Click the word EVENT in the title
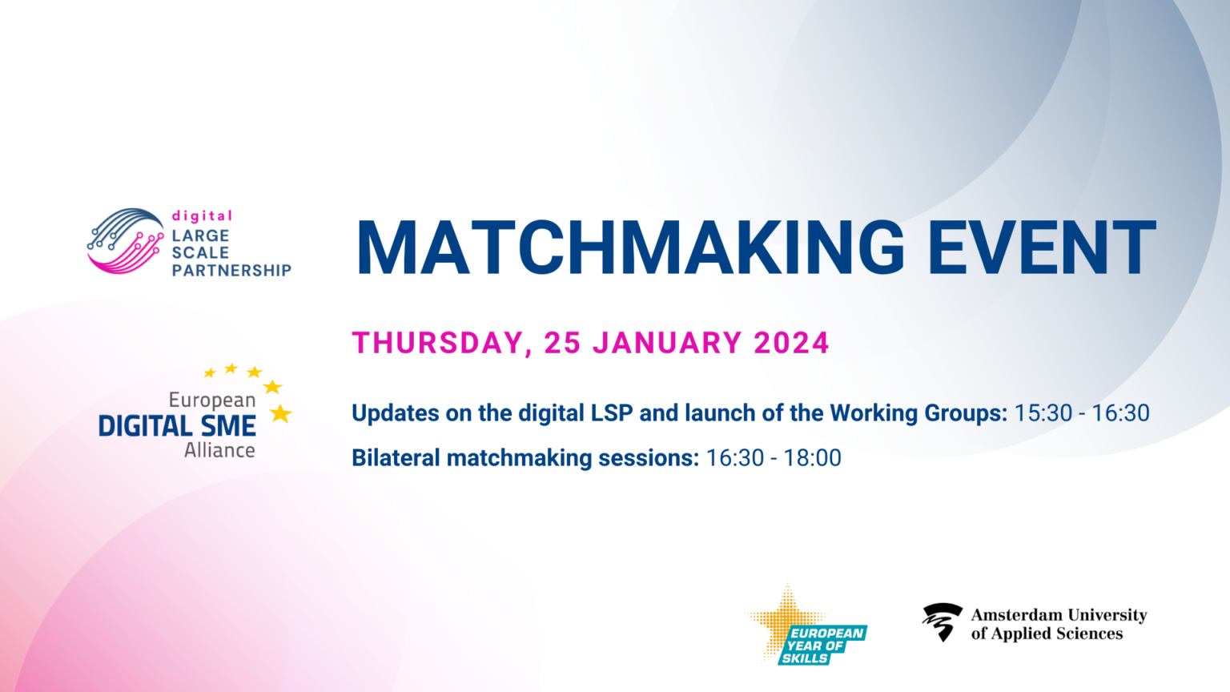pos(1042,247)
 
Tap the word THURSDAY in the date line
pos(438,344)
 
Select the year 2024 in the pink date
pos(791,343)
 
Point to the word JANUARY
pos(668,343)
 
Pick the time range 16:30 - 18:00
pos(773,458)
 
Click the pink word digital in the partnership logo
pos(202,215)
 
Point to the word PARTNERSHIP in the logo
pos(231,270)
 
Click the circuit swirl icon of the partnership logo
pos(126,240)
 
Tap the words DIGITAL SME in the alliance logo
pos(177,426)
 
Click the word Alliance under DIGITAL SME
pos(219,451)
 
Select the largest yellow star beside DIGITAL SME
pos(280,413)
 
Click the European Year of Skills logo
pos(806,624)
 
